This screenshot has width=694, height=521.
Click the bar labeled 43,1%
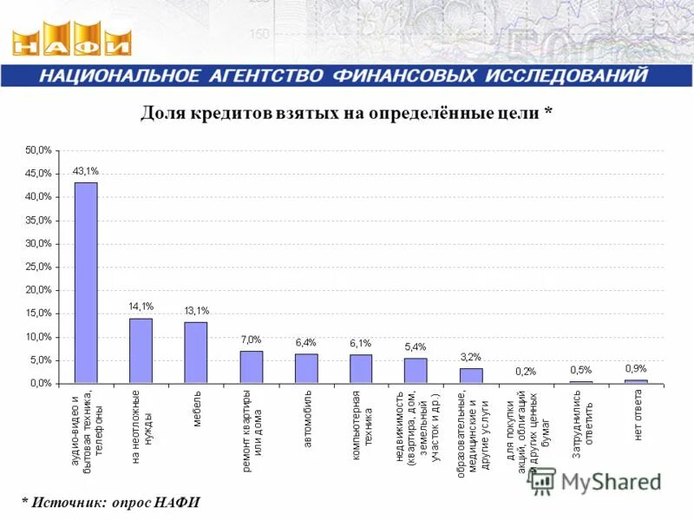[86, 282]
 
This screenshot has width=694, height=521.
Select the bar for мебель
[196, 352]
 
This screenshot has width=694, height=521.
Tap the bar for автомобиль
[306, 368]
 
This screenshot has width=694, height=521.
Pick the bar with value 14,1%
[141, 350]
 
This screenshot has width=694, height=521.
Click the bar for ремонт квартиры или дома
[252, 366]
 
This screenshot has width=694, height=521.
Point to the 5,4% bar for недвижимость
[416, 370]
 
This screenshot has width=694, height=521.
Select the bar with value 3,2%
[471, 375]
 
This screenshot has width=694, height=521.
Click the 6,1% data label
[361, 343]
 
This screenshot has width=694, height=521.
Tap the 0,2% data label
[526, 371]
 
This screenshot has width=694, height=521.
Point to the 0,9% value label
[636, 368]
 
